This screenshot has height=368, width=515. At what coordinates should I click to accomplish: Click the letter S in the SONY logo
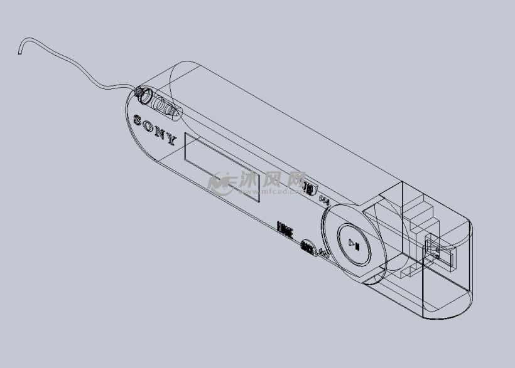click(x=137, y=118)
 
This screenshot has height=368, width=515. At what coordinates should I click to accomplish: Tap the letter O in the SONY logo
click(x=148, y=124)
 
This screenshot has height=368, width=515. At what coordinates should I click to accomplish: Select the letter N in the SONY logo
click(x=160, y=131)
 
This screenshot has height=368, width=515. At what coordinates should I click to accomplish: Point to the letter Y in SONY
click(x=171, y=138)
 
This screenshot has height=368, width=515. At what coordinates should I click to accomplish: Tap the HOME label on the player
click(x=285, y=229)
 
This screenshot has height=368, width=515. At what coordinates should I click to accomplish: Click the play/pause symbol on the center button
click(x=355, y=244)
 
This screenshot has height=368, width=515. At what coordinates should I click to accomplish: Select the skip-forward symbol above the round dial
click(x=324, y=200)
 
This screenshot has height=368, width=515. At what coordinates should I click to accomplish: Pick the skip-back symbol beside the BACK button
click(x=324, y=253)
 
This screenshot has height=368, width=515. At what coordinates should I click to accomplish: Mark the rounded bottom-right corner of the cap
click(x=462, y=307)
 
